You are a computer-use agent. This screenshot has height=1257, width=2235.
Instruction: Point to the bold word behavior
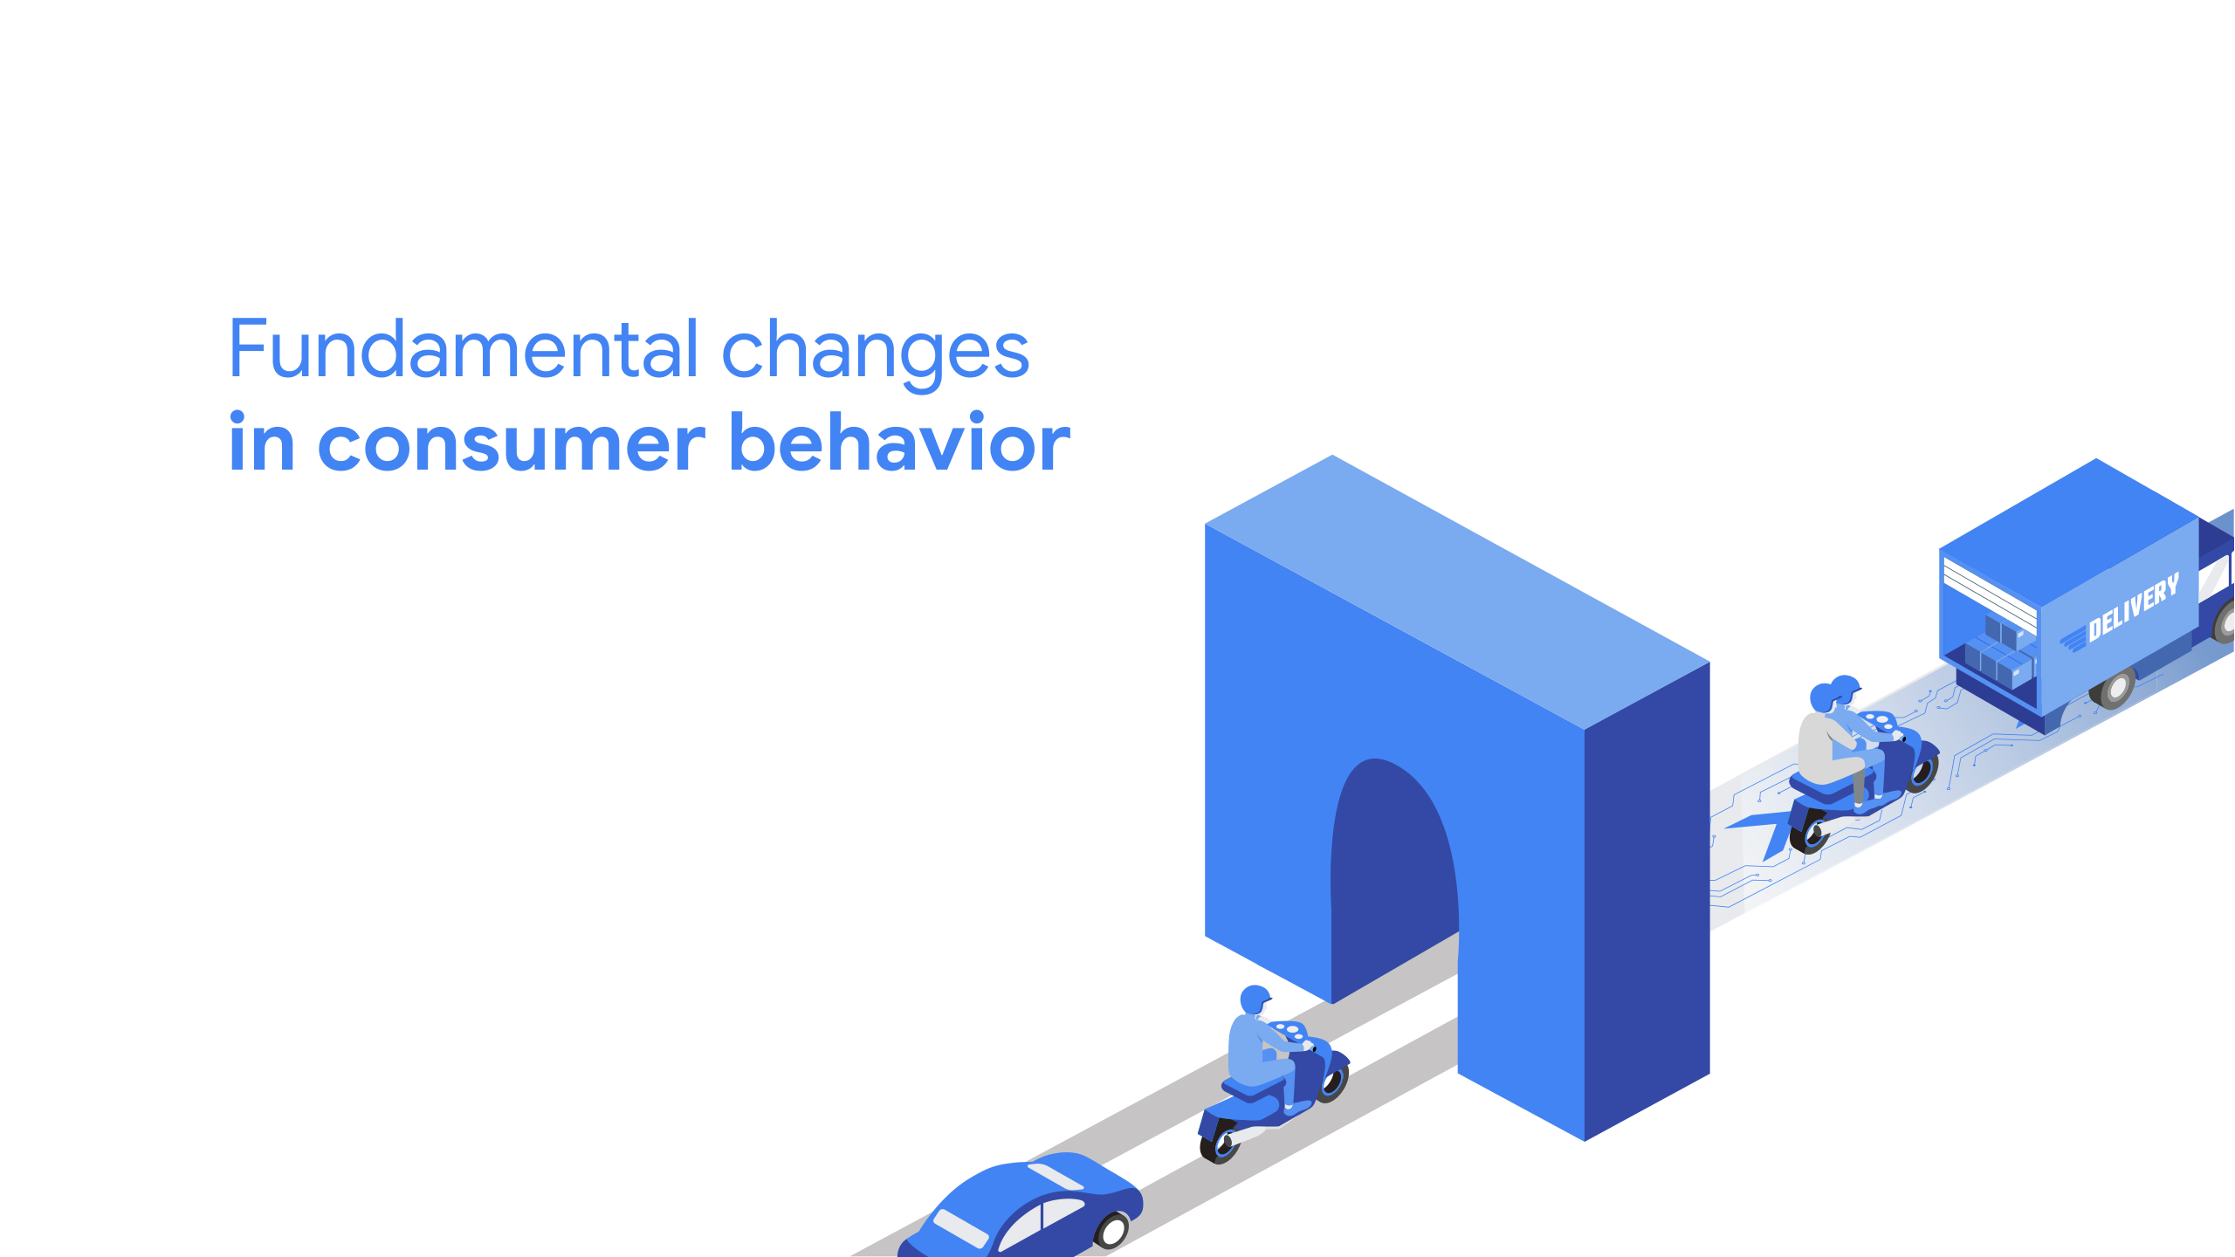[x=899, y=442]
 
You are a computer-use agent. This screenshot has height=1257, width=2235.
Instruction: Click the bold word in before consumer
[x=261, y=442]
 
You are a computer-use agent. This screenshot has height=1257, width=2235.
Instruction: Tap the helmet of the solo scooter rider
[x=1255, y=999]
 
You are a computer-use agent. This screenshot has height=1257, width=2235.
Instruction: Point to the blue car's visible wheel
[x=1111, y=1231]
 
